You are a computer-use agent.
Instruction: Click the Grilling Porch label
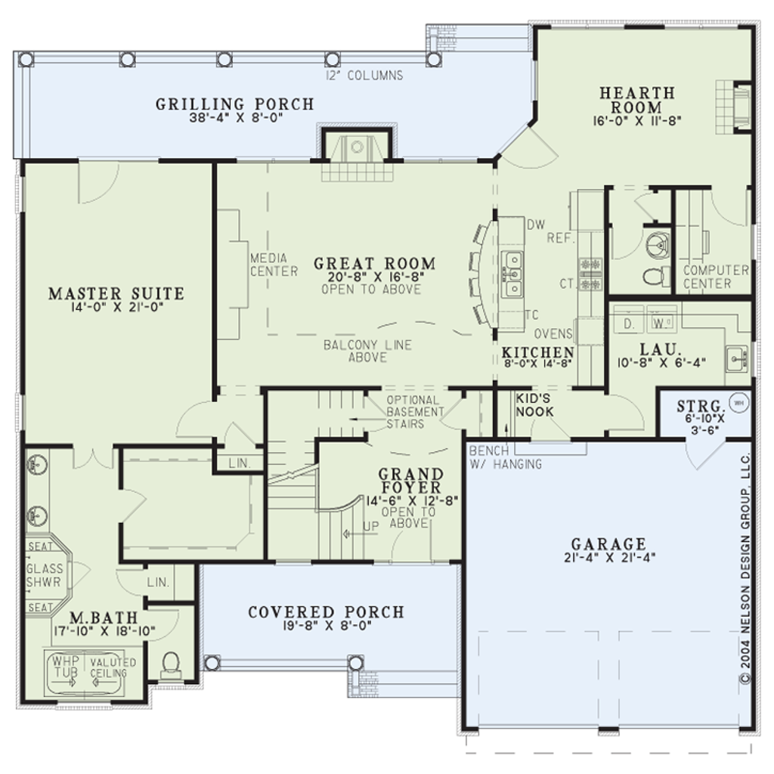[235, 104]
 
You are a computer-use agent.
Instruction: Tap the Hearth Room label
[637, 100]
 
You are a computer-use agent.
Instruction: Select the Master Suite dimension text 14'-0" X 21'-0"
[116, 308]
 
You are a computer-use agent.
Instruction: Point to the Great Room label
[375, 263]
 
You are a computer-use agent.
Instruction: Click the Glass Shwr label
[45, 575]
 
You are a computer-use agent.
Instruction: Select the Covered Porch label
[327, 612]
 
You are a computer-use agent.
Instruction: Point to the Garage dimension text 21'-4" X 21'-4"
[609, 558]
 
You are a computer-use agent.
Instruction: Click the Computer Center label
[716, 277]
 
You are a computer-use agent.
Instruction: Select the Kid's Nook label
[534, 405]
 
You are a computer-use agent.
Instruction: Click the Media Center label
[274, 265]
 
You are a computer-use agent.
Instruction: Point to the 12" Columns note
[364, 76]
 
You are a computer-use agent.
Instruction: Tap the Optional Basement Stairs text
[415, 412]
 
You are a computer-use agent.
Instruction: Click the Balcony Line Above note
[368, 351]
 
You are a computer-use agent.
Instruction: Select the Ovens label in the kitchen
[553, 334]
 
